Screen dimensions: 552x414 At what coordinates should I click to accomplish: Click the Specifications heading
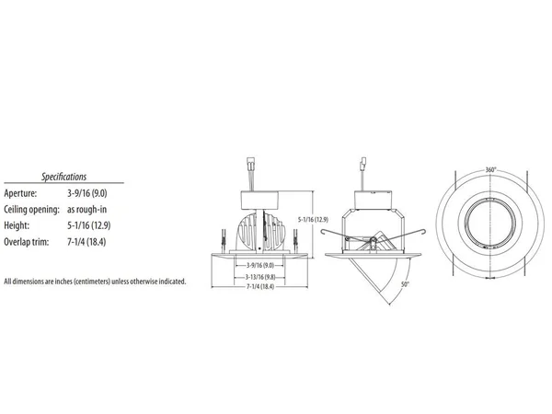pos(63,177)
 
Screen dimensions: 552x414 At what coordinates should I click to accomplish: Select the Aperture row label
pos(20,193)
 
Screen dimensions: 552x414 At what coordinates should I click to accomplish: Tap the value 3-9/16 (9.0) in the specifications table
pos(87,193)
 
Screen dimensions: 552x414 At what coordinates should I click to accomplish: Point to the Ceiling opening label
pos(31,210)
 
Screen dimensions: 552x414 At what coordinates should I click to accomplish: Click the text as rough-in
pos(86,210)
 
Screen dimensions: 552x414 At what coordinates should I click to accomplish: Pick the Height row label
pos(17,225)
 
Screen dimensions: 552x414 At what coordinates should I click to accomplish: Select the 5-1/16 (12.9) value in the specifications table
pos(88,225)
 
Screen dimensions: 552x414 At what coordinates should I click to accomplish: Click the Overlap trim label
pos(27,242)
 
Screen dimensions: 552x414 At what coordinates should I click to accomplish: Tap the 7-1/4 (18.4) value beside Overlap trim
pos(86,242)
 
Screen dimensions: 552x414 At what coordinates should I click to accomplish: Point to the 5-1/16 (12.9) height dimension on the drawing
pos(313,220)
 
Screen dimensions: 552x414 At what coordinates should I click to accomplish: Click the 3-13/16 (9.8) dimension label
pos(260,277)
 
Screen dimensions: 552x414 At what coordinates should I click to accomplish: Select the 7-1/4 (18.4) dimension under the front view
pos(260,286)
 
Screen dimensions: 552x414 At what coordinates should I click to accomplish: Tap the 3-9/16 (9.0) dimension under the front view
pos(260,266)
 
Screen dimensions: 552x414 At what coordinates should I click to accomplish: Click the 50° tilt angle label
pos(406,284)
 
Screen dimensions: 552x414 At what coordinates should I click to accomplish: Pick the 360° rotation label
pos(490,170)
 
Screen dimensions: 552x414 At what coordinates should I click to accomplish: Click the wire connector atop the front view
pos(251,164)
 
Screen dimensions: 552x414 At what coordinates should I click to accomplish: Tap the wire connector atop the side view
pos(363,164)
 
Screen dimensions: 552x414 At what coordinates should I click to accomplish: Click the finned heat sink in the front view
pos(259,233)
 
